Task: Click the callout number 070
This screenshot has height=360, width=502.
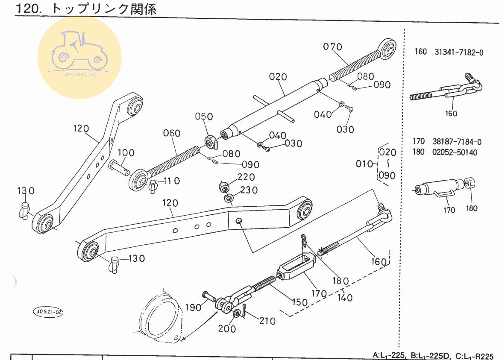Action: tap(332, 47)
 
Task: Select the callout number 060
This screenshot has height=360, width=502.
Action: tap(172, 133)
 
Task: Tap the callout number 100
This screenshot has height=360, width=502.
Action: tap(126, 153)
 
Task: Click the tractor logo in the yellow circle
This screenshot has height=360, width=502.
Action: tap(79, 52)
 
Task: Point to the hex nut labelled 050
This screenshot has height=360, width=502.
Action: tap(210, 140)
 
